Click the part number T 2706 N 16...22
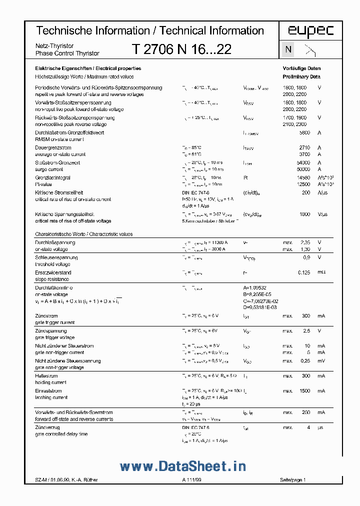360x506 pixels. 181,49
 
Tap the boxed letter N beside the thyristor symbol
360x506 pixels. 288,49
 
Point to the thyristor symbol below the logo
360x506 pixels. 310,49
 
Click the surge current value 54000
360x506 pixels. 303,162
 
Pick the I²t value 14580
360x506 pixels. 303,177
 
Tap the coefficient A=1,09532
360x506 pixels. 258,287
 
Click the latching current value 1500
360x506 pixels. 304,391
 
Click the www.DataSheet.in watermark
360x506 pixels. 182,466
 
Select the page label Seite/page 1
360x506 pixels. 292,480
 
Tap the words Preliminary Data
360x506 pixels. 301,76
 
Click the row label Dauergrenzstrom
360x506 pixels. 53,147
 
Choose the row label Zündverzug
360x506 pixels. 47,427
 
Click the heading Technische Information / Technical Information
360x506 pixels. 150,31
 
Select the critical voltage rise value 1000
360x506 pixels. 304,214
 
